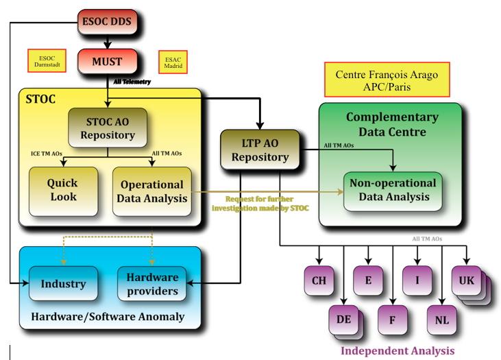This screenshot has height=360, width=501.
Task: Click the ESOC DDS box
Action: click(x=108, y=23)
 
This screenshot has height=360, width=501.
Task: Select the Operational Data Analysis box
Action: click(x=152, y=191)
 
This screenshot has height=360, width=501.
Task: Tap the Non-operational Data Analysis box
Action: click(x=393, y=190)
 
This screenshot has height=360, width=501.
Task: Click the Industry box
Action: click(x=62, y=284)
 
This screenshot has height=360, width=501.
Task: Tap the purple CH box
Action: click(x=319, y=281)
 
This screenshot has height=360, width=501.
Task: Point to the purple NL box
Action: click(x=442, y=320)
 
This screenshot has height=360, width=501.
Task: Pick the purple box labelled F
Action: click(x=393, y=320)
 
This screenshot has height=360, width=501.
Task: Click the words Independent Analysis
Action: click(x=398, y=350)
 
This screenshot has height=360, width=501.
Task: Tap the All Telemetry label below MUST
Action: click(x=132, y=82)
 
